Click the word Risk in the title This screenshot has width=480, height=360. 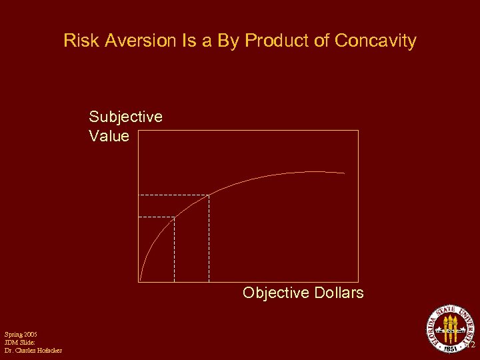click(79, 41)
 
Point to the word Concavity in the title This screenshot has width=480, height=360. click(375, 41)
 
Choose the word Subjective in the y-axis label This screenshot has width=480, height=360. click(125, 117)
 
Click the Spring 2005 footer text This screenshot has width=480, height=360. click(21, 333)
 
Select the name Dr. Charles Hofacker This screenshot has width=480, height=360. click(33, 350)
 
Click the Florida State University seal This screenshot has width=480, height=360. click(451, 329)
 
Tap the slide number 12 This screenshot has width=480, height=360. click(469, 345)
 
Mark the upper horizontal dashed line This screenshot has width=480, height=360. click(173, 195)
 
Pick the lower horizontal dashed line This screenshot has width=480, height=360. click(156, 217)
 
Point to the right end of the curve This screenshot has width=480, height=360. click(345, 173)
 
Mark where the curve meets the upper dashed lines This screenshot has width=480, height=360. click(209, 195)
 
